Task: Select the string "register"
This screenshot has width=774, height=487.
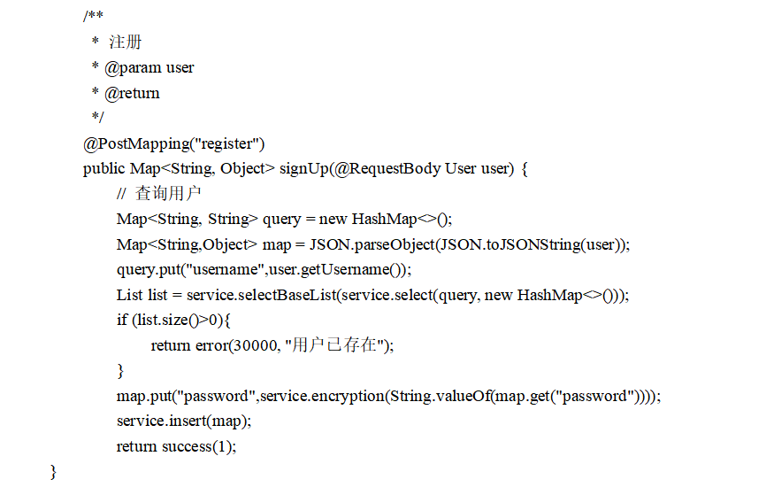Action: pos(228,143)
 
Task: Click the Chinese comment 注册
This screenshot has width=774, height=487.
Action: pos(125,42)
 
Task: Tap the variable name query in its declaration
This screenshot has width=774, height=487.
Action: pos(281,219)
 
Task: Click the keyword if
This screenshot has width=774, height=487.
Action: pos(122,321)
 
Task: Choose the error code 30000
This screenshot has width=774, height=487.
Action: pos(251,345)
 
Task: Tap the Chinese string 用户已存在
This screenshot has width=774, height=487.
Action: pos(339,345)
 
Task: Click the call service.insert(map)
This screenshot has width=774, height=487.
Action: pos(183,421)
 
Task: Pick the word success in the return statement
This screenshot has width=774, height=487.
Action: pos(187,446)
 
